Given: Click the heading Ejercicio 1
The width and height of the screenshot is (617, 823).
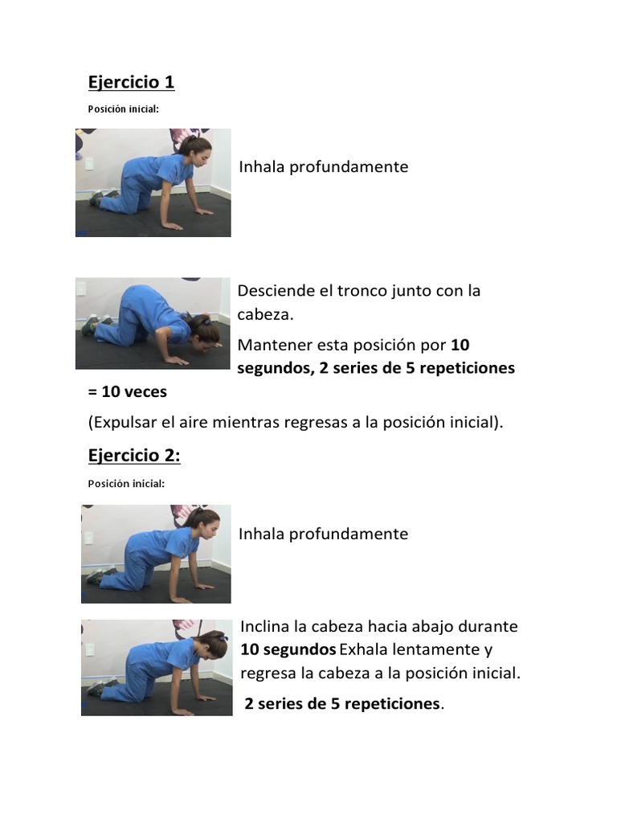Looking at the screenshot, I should click(131, 82).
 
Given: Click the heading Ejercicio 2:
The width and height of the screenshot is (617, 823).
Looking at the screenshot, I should click(134, 456).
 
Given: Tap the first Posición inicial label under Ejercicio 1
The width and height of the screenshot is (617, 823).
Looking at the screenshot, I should click(124, 109).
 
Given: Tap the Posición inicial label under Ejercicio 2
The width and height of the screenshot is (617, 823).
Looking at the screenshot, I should click(126, 484).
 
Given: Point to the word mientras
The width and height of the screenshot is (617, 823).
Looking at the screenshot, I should click(244, 423).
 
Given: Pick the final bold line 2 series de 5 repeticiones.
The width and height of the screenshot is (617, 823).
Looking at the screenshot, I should click(342, 704).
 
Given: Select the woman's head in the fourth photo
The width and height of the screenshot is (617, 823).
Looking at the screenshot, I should click(212, 645).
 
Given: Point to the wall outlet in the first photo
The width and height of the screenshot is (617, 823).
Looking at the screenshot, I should click(88, 164).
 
